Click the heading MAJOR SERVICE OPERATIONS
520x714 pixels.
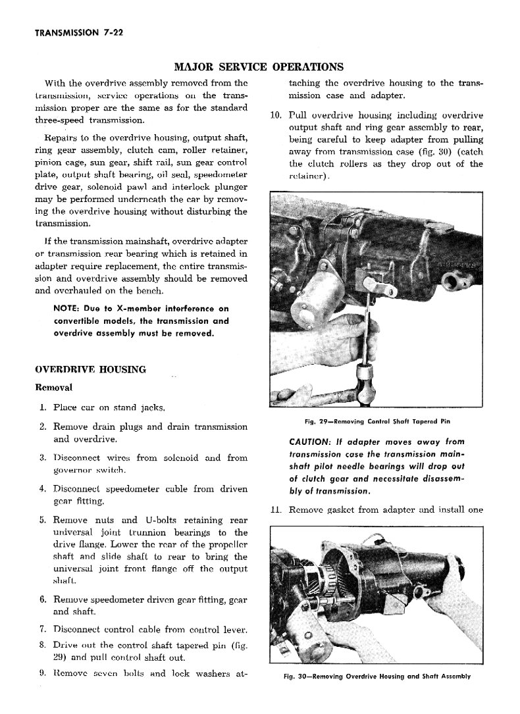(x=258, y=66)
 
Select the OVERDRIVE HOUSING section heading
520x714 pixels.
(x=90, y=369)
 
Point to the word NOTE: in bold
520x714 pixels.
(x=68, y=309)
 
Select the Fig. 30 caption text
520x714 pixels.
(x=372, y=676)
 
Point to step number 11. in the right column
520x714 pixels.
(x=276, y=509)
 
